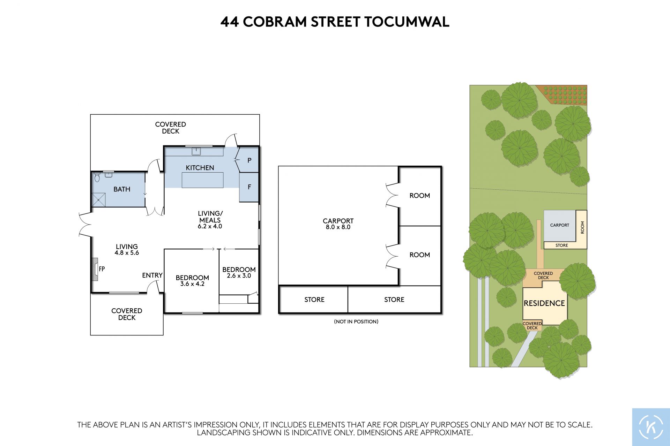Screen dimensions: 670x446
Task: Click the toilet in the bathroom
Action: click(x=97, y=177)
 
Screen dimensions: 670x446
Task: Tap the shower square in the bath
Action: click(x=98, y=200)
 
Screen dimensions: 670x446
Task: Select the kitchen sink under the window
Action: click(x=196, y=151)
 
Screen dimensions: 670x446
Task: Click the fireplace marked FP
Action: click(x=95, y=269)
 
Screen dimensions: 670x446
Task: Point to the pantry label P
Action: click(x=250, y=160)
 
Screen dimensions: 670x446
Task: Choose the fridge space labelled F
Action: click(x=249, y=187)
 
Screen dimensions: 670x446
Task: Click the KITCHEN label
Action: click(x=200, y=168)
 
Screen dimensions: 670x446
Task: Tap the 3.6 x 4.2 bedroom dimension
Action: click(x=192, y=284)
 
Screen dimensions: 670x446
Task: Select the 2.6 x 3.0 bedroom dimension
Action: click(x=239, y=275)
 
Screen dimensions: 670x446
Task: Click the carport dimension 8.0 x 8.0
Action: click(x=338, y=227)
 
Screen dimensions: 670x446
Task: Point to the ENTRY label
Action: click(x=152, y=275)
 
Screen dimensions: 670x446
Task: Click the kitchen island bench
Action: click(x=202, y=180)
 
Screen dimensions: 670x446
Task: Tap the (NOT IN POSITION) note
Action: click(x=356, y=322)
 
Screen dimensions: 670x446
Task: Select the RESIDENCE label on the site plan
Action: click(x=544, y=303)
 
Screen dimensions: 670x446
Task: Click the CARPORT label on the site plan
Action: click(x=560, y=225)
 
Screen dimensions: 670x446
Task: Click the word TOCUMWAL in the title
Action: click(x=407, y=22)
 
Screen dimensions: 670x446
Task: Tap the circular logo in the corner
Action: click(x=651, y=427)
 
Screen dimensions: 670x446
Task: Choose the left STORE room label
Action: click(x=314, y=300)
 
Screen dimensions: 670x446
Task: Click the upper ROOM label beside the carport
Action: click(x=420, y=196)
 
